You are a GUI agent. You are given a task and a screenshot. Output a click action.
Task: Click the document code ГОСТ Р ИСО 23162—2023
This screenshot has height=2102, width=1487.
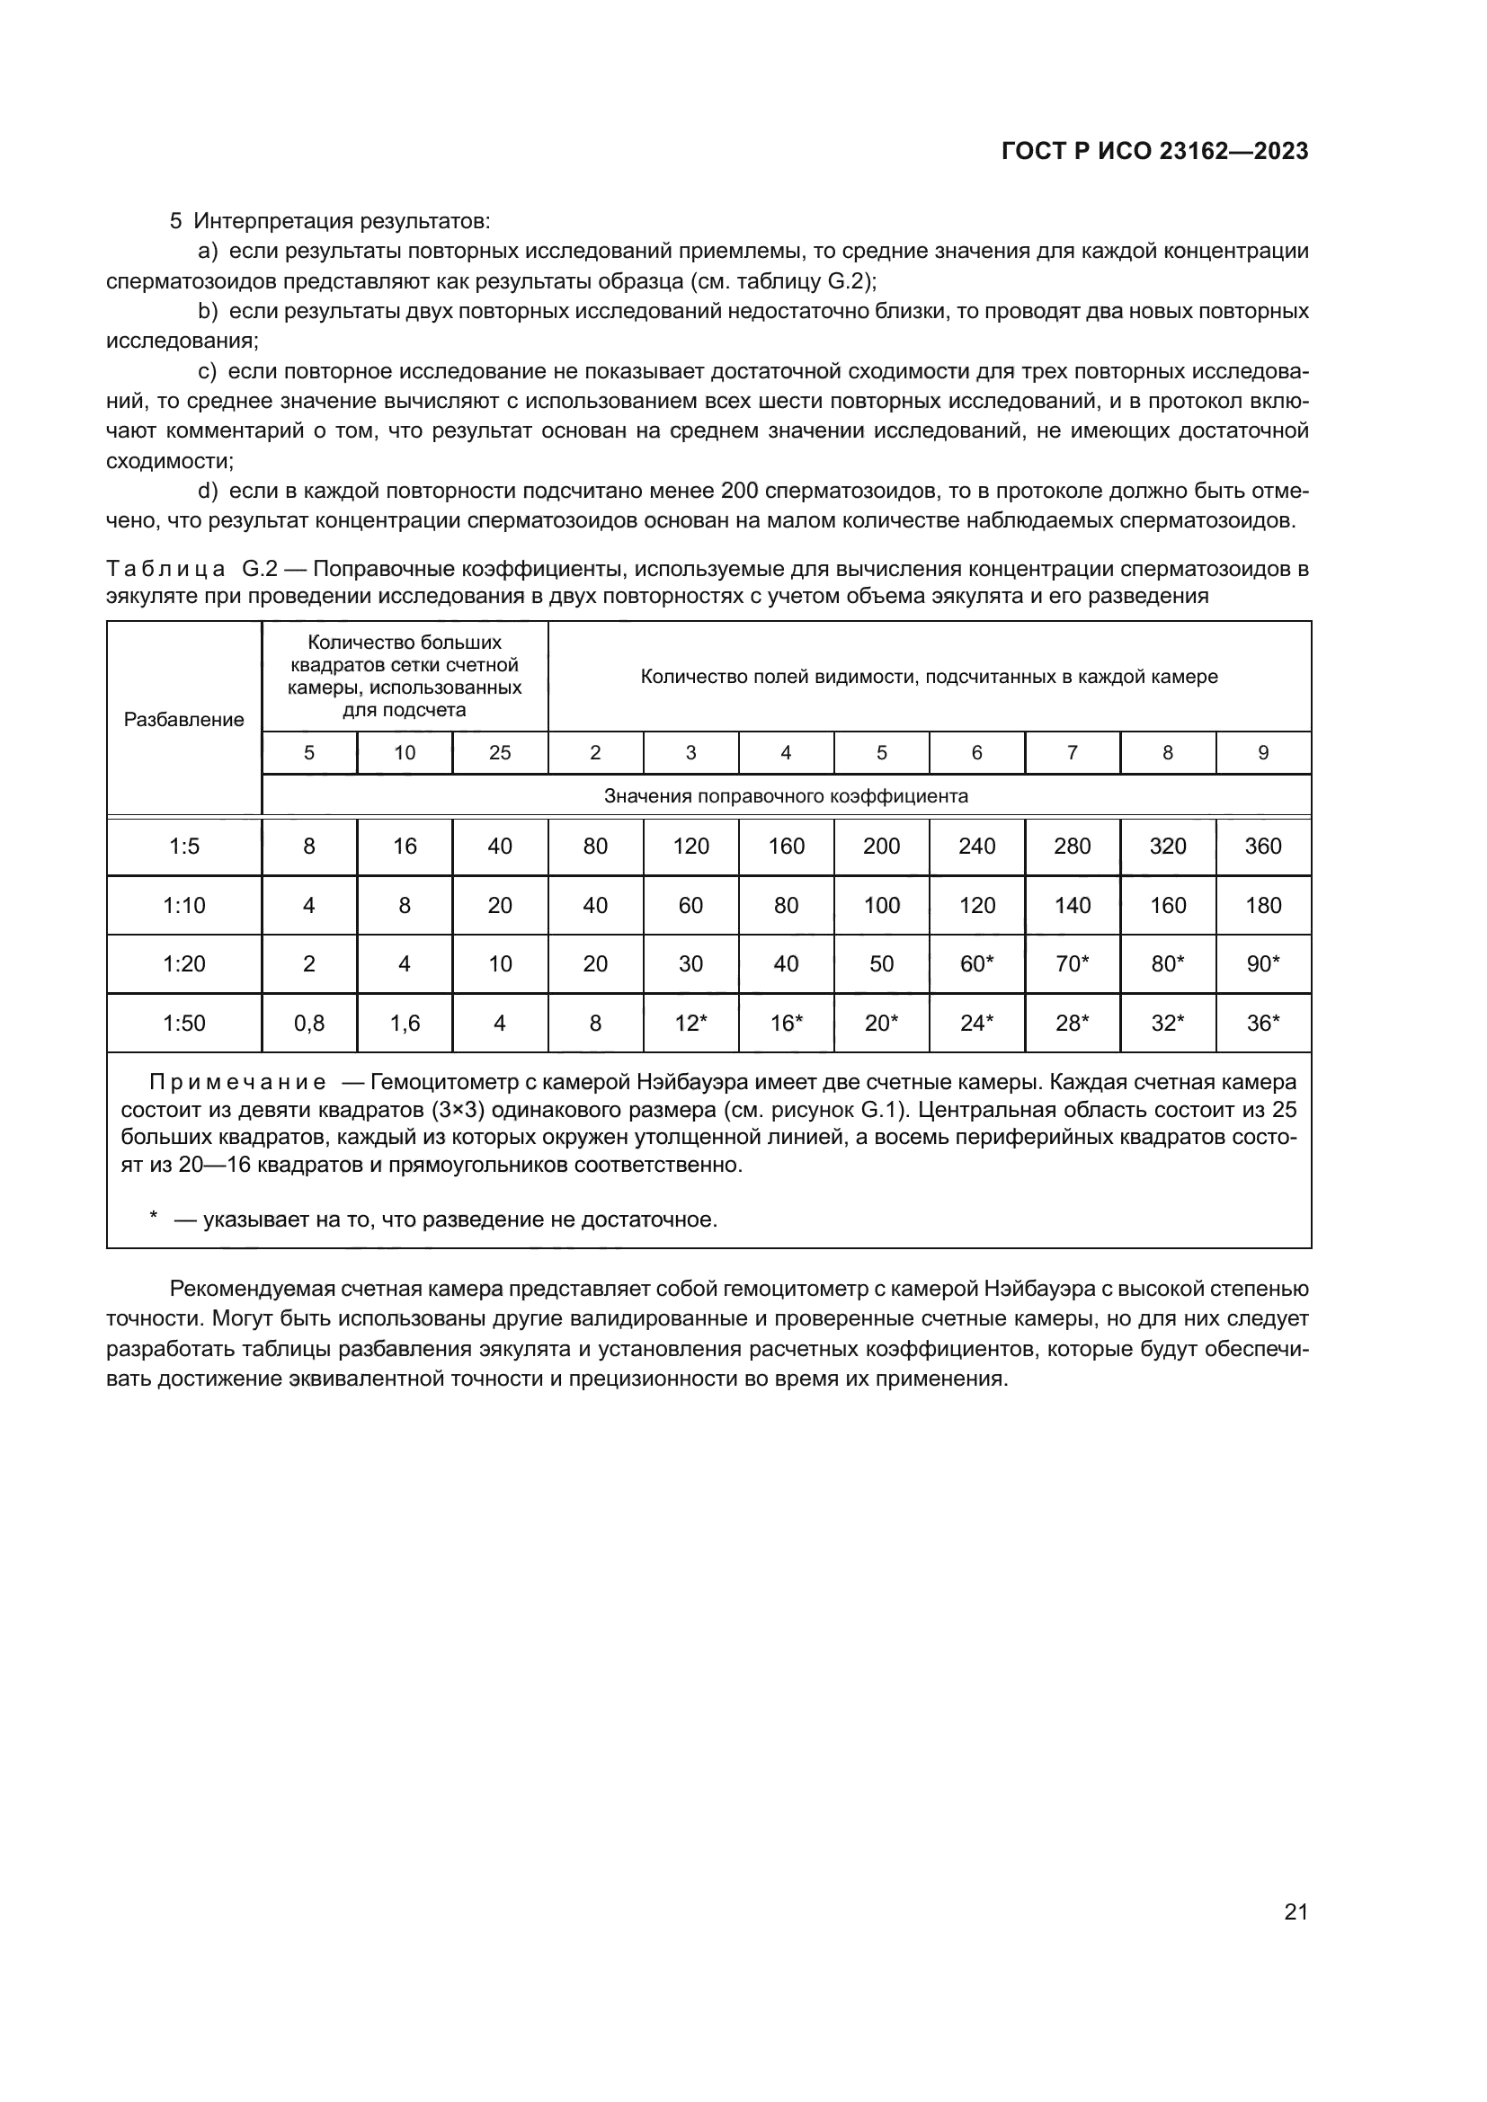pos(1154,151)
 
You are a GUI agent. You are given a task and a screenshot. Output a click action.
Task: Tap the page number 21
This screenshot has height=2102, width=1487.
pos(1296,1911)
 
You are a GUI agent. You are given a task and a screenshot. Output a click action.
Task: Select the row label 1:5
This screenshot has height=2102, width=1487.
pos(184,846)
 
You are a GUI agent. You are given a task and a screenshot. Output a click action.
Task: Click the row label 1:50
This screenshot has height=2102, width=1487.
pos(184,1023)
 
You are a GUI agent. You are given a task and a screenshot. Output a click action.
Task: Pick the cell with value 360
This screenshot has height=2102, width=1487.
pos(1262,846)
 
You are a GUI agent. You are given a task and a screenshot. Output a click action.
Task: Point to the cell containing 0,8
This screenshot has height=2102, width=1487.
pos(309,1023)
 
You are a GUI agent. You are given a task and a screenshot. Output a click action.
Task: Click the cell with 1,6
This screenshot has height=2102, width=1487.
pos(405,1023)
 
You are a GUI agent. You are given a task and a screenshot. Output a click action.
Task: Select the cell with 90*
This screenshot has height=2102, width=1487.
pos(1262,963)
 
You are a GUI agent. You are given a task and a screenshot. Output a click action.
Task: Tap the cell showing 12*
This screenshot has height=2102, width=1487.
pos(690,1023)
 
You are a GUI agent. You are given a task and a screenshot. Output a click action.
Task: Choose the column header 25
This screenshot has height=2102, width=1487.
pos(500,752)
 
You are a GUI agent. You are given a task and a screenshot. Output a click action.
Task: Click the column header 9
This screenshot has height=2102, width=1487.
pos(1262,752)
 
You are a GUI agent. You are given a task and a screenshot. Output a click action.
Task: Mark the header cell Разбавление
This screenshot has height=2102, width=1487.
pos(184,720)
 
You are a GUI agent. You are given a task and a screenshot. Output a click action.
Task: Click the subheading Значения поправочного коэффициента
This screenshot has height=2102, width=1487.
pos(786,795)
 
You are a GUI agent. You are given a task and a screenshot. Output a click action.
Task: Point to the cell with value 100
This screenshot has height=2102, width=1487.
pos(881,906)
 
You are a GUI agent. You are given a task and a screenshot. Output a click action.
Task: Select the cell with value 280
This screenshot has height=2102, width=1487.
pos(1073,846)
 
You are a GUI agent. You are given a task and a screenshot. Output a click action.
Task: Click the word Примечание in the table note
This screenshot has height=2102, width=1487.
pos(237,1082)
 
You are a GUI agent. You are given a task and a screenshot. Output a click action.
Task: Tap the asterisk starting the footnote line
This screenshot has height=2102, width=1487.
pos(154,1217)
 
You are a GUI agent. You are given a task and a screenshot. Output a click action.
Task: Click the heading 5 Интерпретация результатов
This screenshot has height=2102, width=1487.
pos(330,221)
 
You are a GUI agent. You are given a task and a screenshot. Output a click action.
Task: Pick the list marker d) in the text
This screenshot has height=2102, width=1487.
pos(208,491)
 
